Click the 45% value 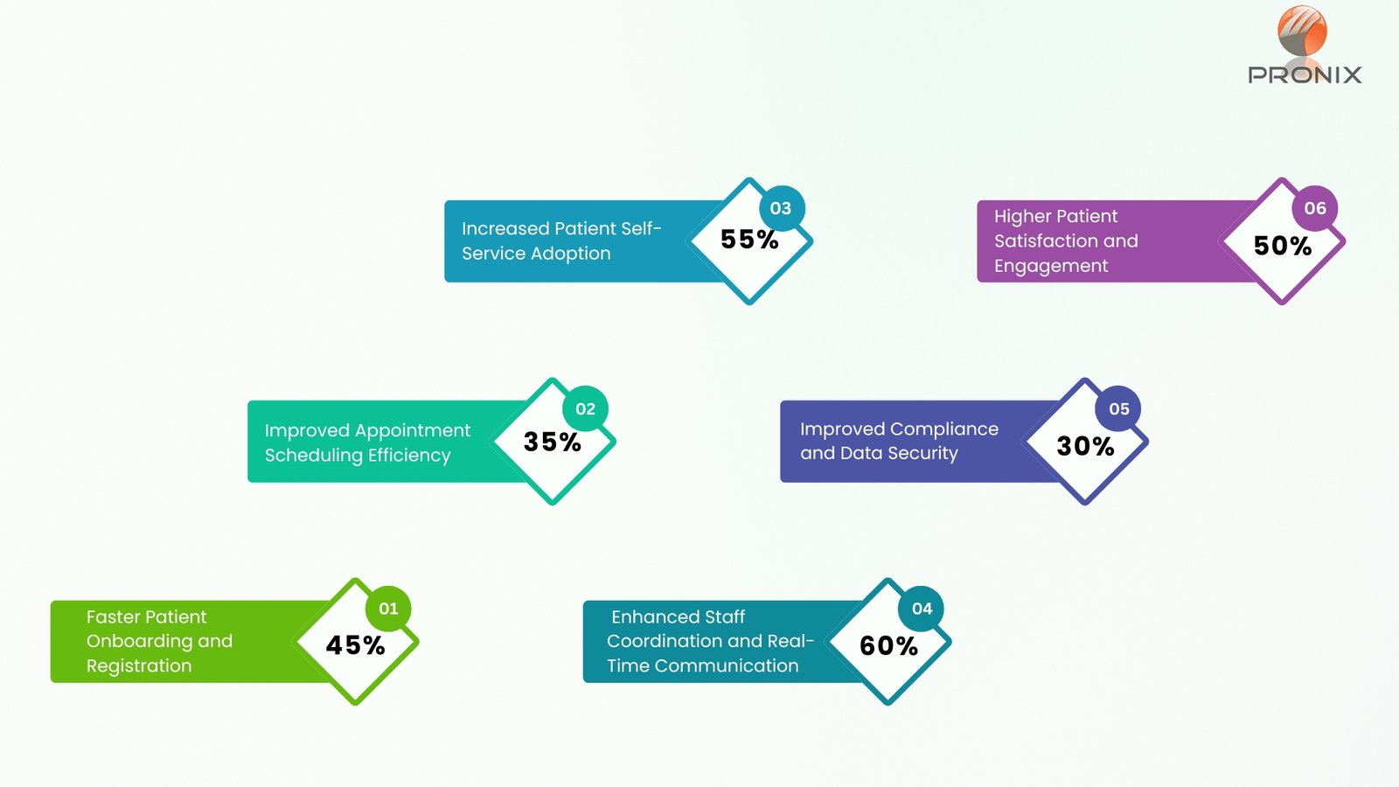(355, 645)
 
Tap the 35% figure (552, 442)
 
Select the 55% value (749, 240)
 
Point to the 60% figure (888, 646)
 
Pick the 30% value (1085, 446)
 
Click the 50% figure (1283, 246)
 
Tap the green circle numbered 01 (388, 609)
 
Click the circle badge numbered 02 (585, 408)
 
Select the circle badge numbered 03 (781, 208)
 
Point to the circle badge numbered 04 (922, 609)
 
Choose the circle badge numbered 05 (1119, 408)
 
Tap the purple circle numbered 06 (1315, 208)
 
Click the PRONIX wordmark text (1305, 75)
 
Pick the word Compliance (943, 429)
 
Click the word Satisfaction (1045, 240)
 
